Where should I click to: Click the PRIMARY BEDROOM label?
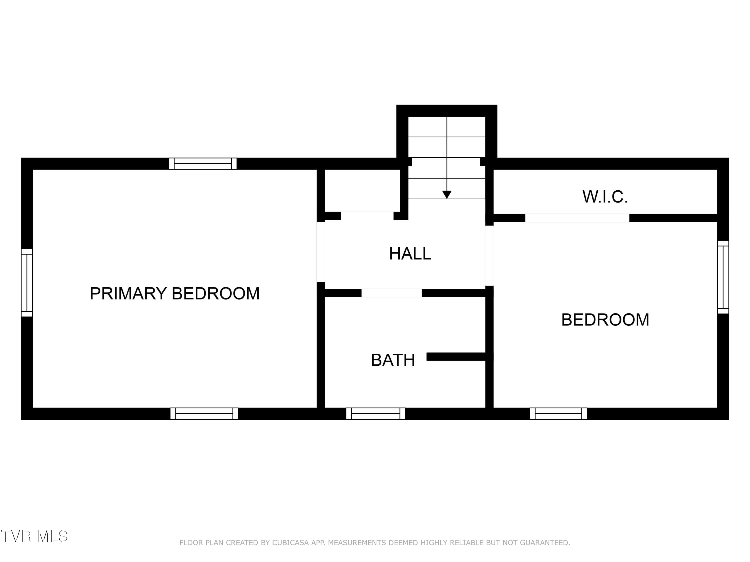[174, 293]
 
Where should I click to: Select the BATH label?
[393, 360]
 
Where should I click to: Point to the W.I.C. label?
[605, 197]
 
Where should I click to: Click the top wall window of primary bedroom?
[203, 164]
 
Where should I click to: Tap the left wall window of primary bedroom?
[27, 283]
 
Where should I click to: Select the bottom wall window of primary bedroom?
[204, 414]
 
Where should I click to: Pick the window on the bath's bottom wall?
[376, 414]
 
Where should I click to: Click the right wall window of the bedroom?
[723, 277]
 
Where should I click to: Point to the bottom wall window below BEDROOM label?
[558, 414]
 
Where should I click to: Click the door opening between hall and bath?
[391, 293]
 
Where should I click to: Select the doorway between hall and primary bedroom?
[321, 252]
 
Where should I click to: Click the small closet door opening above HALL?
[367, 216]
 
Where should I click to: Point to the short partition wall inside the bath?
[460, 357]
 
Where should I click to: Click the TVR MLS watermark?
[34, 536]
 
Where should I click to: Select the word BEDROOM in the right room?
[605, 320]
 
